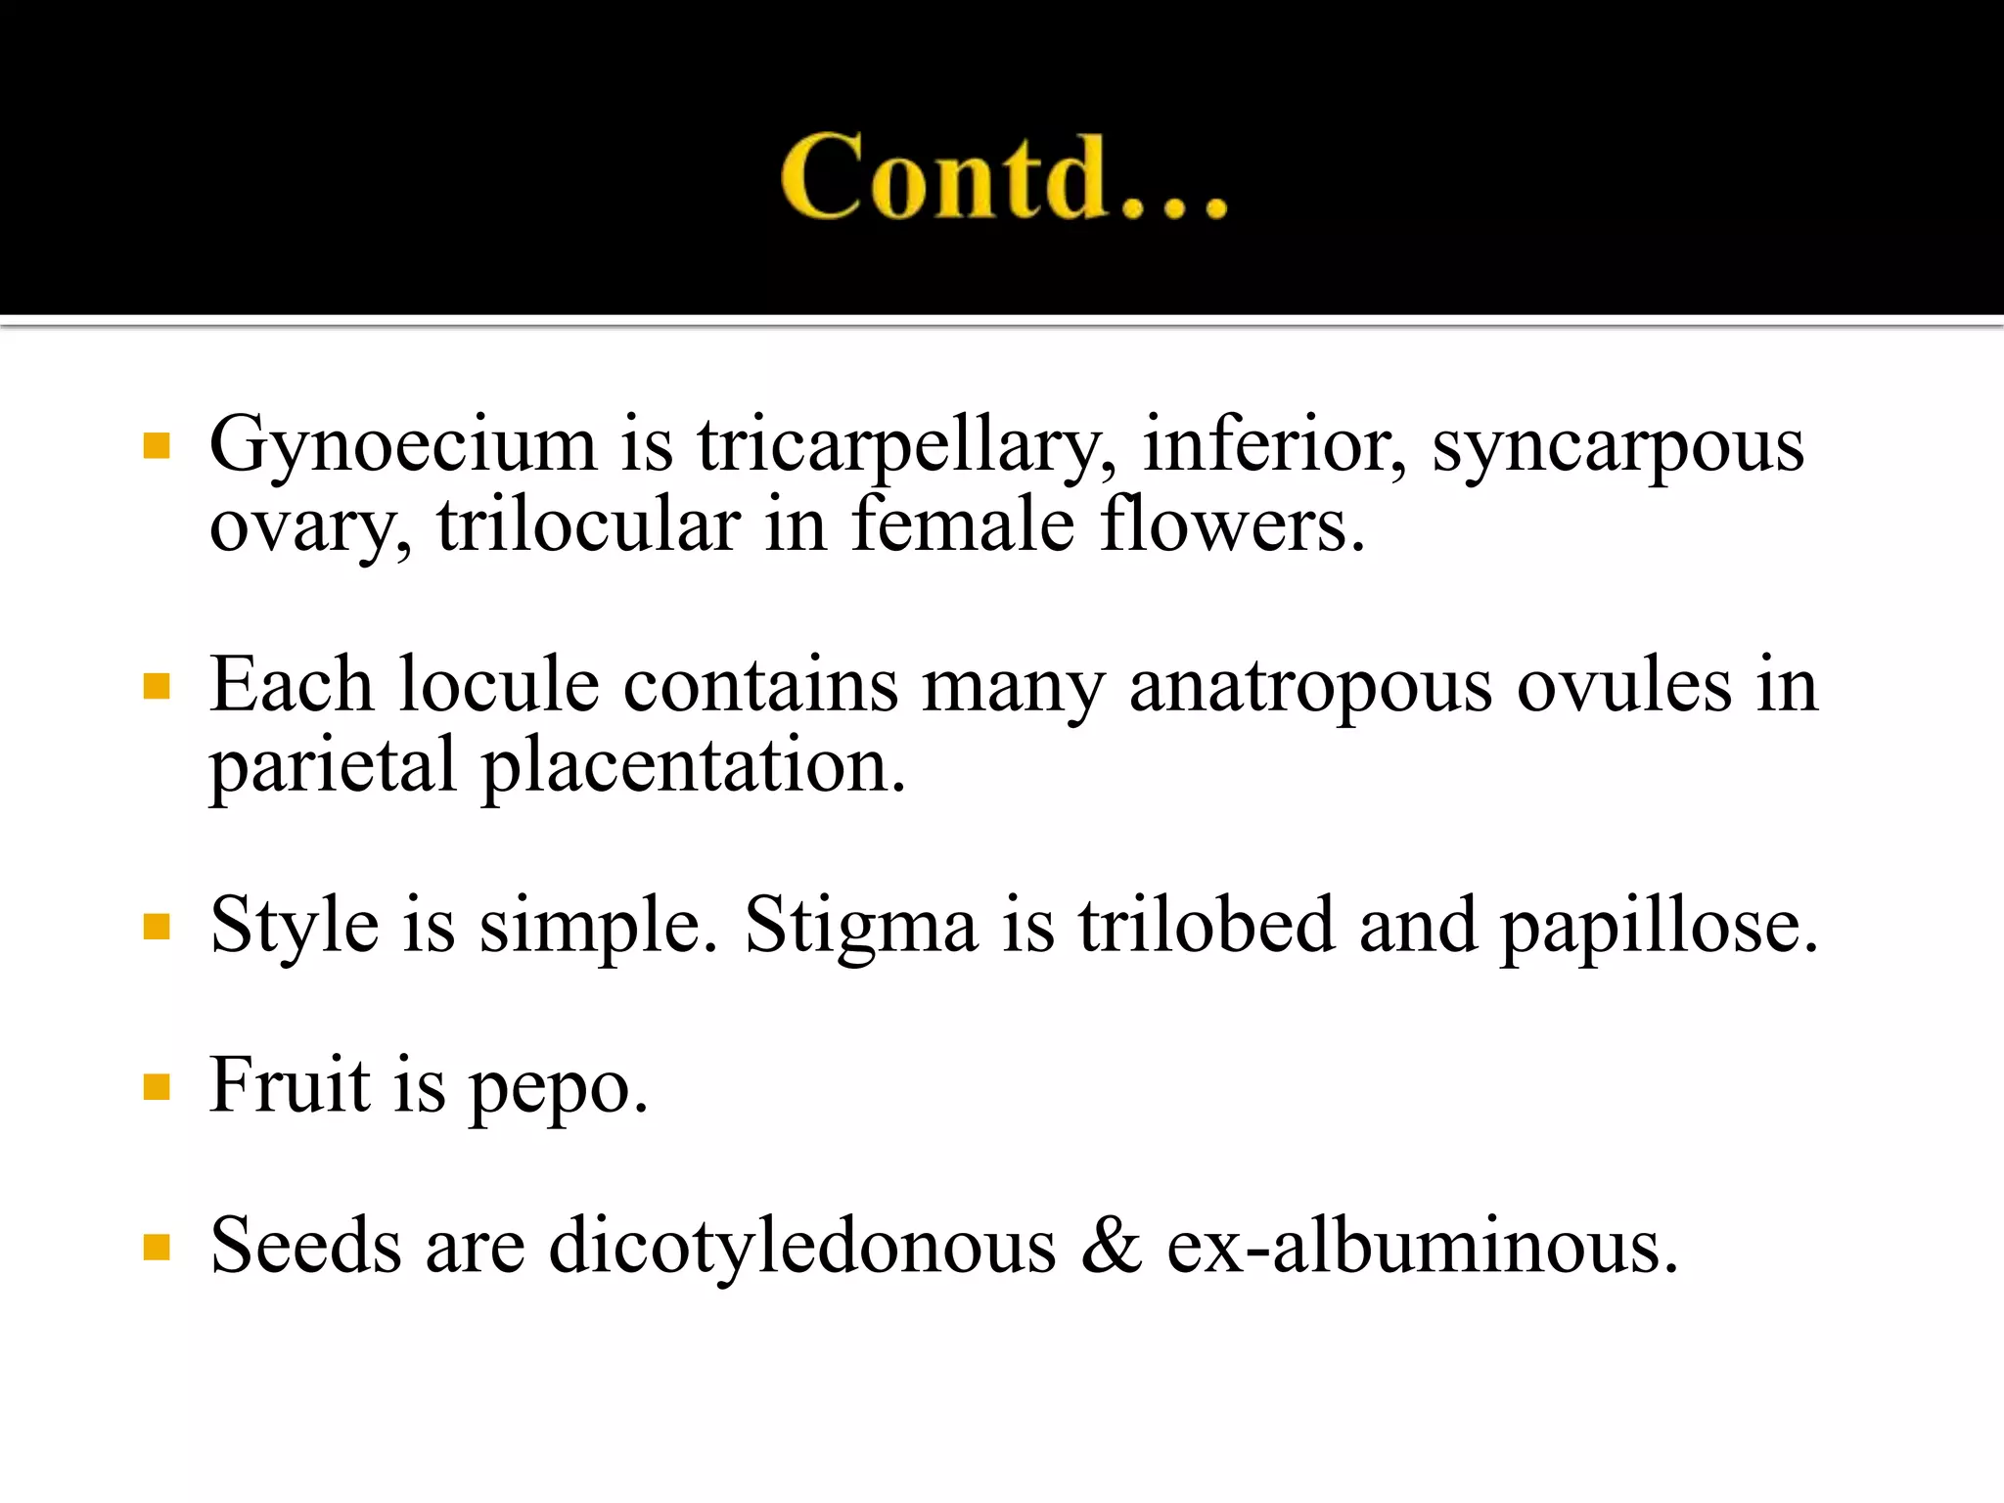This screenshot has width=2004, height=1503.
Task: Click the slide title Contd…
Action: tap(1004, 176)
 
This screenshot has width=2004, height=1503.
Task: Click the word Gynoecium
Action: tap(402, 445)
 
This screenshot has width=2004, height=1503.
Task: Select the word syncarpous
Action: tap(1617, 445)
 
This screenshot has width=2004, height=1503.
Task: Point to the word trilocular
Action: tap(588, 525)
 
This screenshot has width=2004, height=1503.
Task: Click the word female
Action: tap(963, 525)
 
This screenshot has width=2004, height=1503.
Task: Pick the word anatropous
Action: tap(1310, 685)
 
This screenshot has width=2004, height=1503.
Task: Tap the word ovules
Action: tap(1624, 685)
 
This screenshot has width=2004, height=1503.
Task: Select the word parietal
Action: tap(333, 765)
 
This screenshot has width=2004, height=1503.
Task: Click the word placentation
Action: tap(694, 765)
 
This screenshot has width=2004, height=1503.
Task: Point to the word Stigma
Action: tap(860, 925)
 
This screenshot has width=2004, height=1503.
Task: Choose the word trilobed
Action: tap(1206, 925)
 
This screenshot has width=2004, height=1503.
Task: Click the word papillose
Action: tap(1660, 925)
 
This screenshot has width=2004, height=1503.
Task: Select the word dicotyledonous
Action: tap(802, 1247)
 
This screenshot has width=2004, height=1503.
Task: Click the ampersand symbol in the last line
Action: tap(1112, 1247)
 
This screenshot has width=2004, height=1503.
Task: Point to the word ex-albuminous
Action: tap(1422, 1247)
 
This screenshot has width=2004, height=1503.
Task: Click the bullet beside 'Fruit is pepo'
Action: tap(157, 1086)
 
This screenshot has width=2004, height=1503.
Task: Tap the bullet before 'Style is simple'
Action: tap(157, 926)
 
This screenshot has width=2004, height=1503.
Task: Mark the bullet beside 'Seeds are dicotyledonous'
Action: tap(157, 1248)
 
